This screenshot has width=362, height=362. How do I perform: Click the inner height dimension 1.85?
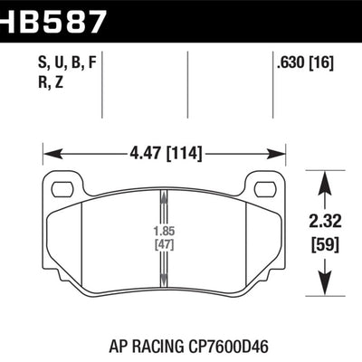pyautogui.click(x=163, y=230)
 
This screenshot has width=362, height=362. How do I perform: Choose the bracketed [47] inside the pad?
pyautogui.click(x=163, y=243)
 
